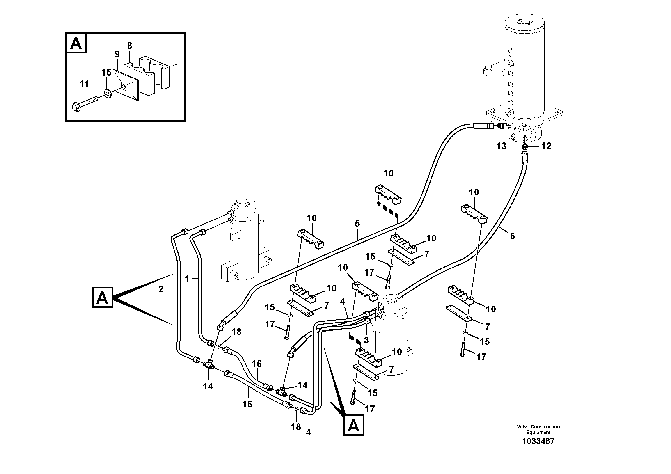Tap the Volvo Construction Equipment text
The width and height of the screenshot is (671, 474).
(x=538, y=429)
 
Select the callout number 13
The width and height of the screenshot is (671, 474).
(x=501, y=146)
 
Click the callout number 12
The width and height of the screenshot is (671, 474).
(x=546, y=146)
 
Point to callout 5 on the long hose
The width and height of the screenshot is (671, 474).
(x=357, y=224)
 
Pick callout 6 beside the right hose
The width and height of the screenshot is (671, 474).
(x=512, y=236)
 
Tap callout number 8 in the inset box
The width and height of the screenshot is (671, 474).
(x=129, y=46)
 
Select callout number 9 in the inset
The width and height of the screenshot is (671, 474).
(x=117, y=54)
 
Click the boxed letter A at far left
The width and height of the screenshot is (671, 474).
(x=102, y=298)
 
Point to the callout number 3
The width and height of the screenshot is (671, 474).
(x=366, y=340)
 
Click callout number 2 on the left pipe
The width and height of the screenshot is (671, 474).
(x=161, y=289)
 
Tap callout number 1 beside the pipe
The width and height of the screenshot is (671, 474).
(x=187, y=279)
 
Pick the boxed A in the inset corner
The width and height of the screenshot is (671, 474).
(x=76, y=44)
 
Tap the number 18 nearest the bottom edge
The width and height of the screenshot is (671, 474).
(x=296, y=427)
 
